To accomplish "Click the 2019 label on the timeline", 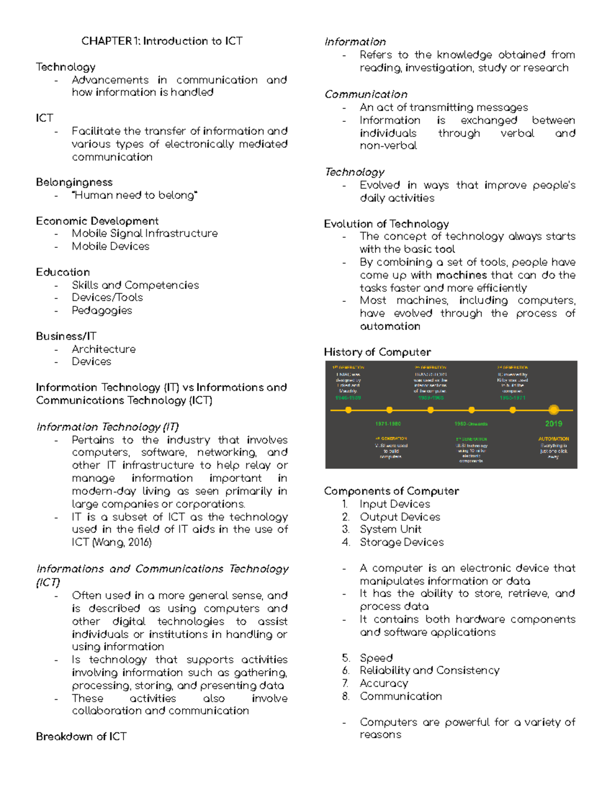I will click(553, 423).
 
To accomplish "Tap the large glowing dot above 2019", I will click(553, 410).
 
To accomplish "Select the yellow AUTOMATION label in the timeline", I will click(553, 439).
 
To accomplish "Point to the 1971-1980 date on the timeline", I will click(388, 424).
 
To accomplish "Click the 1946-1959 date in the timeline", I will click(348, 397).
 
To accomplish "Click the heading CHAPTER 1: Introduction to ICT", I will click(162, 41).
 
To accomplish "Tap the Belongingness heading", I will click(74, 182).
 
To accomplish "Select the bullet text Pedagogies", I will click(101, 310).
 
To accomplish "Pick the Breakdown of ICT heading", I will click(81, 736).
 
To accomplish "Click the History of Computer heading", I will click(377, 352).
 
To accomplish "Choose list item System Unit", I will click(390, 529).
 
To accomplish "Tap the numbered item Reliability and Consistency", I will click(429, 670).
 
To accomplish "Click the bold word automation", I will click(390, 326).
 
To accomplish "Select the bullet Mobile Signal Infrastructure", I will click(144, 233).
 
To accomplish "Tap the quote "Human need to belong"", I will click(135, 195).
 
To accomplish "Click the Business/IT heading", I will click(66, 336).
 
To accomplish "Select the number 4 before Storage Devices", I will click(346, 542).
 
